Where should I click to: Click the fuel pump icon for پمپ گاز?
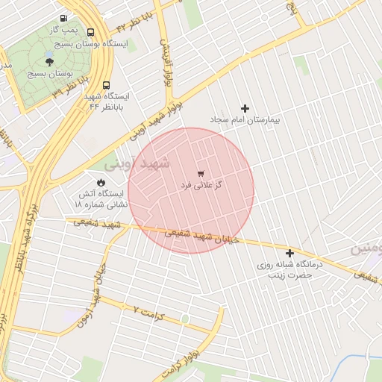(63, 18)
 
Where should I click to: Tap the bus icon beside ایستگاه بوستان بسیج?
(90, 33)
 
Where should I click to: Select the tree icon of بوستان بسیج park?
(50, 62)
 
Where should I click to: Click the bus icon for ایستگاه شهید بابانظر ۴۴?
(106, 85)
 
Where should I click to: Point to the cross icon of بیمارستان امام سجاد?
(245, 108)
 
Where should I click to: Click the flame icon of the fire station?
(101, 182)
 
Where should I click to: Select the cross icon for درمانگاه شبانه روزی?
(289, 253)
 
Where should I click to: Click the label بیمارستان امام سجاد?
(244, 119)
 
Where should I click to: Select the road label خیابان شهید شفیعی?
(201, 237)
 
